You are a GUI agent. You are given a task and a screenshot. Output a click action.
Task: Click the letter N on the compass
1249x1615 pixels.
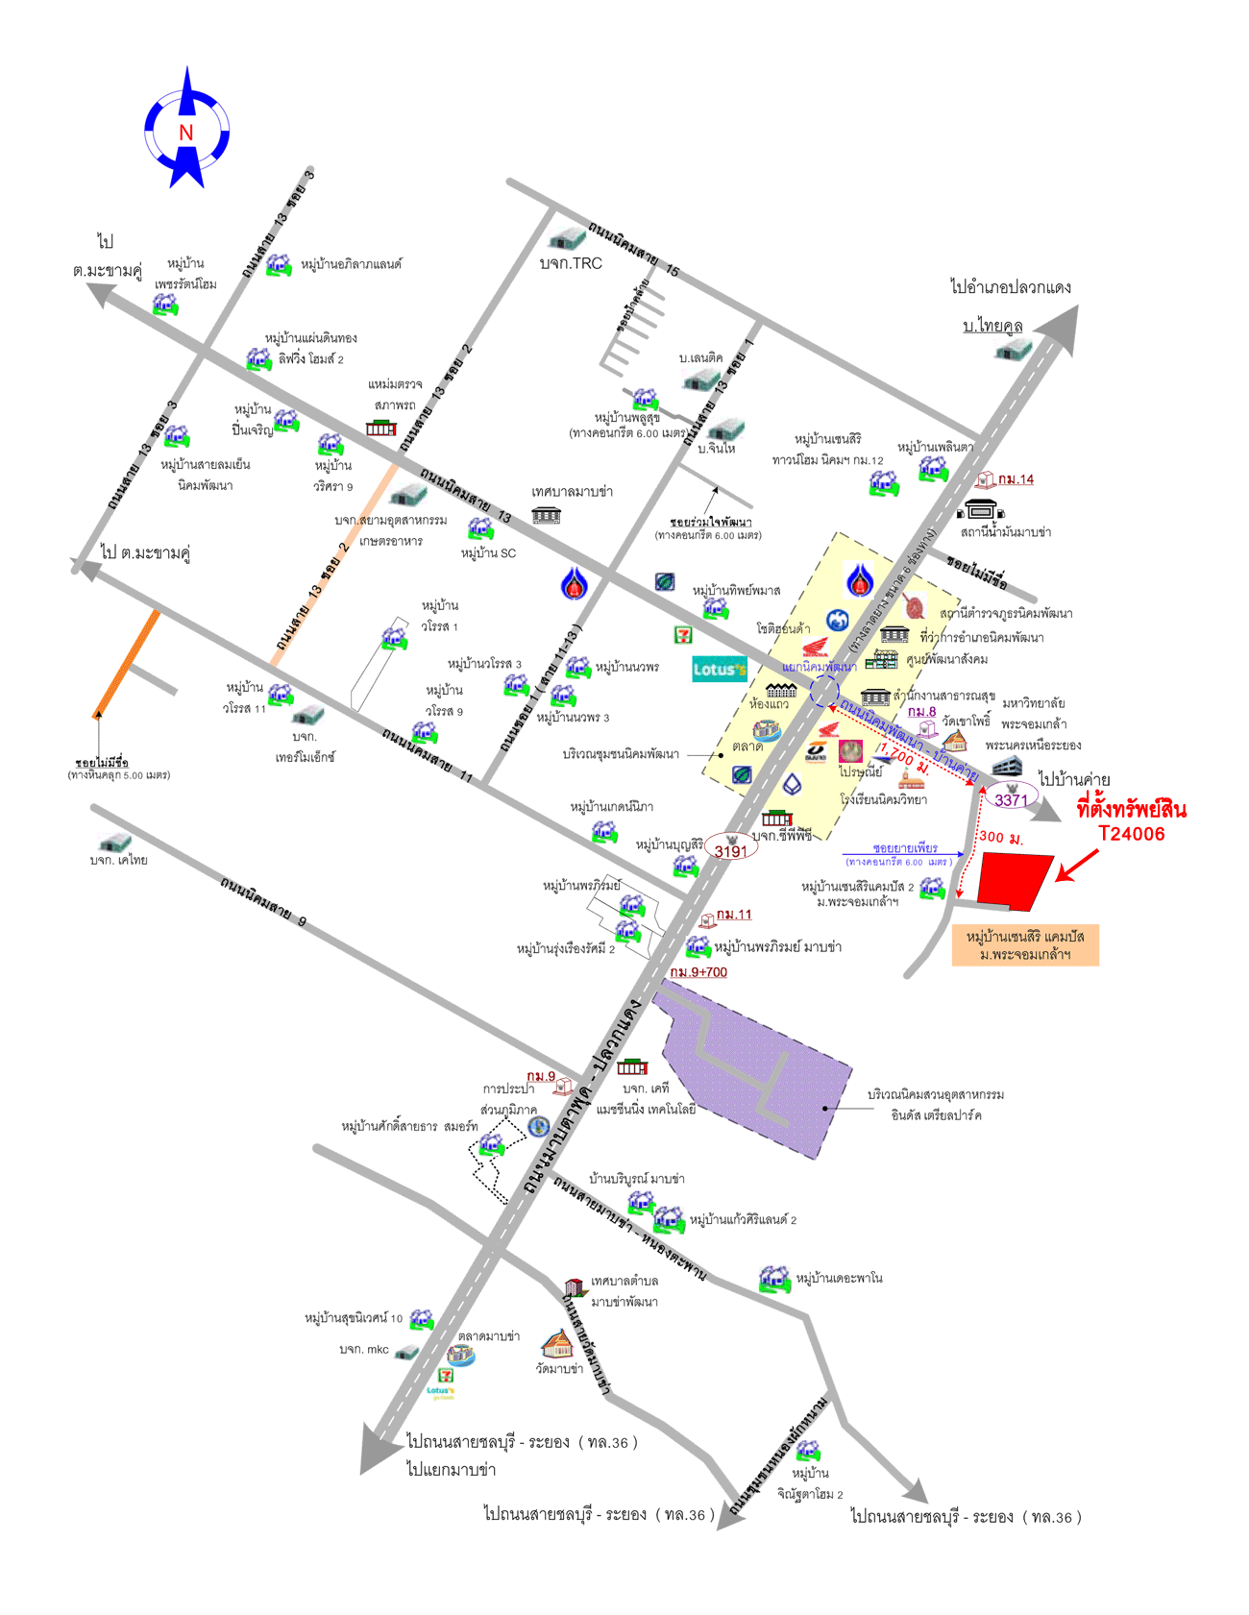[x=186, y=133]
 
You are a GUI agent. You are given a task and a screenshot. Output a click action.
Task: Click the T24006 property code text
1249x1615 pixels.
[x=1132, y=834]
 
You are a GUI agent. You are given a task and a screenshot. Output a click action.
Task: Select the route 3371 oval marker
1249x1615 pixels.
[x=1011, y=799]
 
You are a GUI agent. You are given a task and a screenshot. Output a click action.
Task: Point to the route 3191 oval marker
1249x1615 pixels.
[x=730, y=850]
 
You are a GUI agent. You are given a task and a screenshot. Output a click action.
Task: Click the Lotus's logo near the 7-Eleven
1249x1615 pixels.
[x=719, y=669]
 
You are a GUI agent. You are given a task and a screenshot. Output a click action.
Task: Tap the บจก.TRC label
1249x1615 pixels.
[x=571, y=263]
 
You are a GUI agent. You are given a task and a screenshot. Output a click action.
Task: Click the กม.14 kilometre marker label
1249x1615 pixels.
[x=1016, y=479]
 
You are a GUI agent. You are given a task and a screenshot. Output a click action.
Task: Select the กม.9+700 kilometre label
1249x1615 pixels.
[x=698, y=972]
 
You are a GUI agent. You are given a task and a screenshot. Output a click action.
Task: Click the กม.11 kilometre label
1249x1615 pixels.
[x=734, y=915]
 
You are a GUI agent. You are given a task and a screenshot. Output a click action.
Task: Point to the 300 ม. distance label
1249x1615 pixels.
[x=1001, y=838]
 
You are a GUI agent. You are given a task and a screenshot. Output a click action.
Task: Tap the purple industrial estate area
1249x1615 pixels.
[x=759, y=1076]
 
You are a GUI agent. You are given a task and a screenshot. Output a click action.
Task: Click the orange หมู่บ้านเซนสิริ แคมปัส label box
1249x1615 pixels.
[x=1025, y=945]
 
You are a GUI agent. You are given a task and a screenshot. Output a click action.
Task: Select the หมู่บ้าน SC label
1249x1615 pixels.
[x=488, y=553]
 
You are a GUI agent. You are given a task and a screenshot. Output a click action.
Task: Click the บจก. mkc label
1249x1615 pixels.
[x=364, y=1350]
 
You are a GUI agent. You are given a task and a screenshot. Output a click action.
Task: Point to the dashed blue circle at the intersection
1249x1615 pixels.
[x=824, y=692]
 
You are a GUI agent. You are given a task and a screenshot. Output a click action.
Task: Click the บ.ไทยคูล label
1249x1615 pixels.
[x=992, y=326]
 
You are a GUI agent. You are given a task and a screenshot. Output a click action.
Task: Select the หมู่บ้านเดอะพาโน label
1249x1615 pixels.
[x=839, y=1279]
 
